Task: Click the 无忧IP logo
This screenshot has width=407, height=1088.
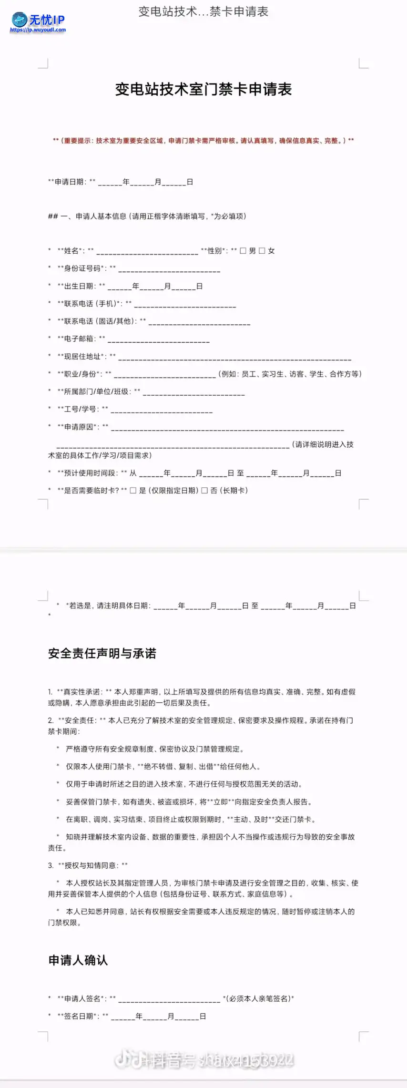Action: point(38,20)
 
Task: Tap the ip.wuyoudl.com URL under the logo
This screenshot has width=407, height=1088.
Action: point(38,30)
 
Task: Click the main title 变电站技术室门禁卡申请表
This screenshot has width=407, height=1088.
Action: point(203,89)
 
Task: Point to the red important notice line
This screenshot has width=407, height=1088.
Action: point(203,141)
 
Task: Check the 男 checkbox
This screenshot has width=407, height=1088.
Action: point(243,251)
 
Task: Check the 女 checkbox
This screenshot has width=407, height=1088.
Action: point(262,251)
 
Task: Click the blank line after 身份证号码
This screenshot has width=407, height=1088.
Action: point(169,270)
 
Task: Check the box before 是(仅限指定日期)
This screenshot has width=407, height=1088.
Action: point(133,490)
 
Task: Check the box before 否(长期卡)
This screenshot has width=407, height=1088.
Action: point(204,490)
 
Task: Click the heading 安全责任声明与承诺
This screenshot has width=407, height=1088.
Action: point(102,653)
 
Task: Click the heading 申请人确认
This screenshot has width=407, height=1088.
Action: point(78,960)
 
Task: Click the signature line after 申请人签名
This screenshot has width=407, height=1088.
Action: point(169,1000)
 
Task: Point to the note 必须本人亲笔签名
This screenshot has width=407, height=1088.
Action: point(259,998)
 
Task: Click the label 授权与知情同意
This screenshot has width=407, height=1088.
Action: point(90,865)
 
